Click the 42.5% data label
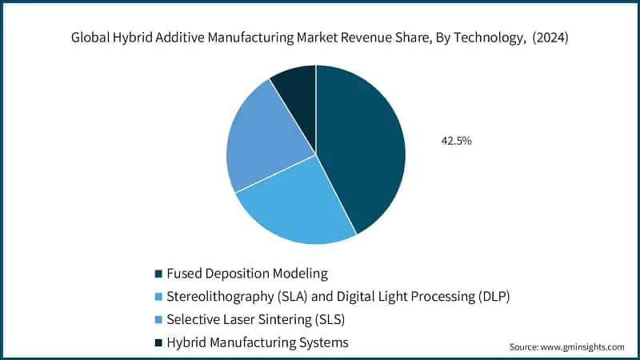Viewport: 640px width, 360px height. click(x=457, y=141)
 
